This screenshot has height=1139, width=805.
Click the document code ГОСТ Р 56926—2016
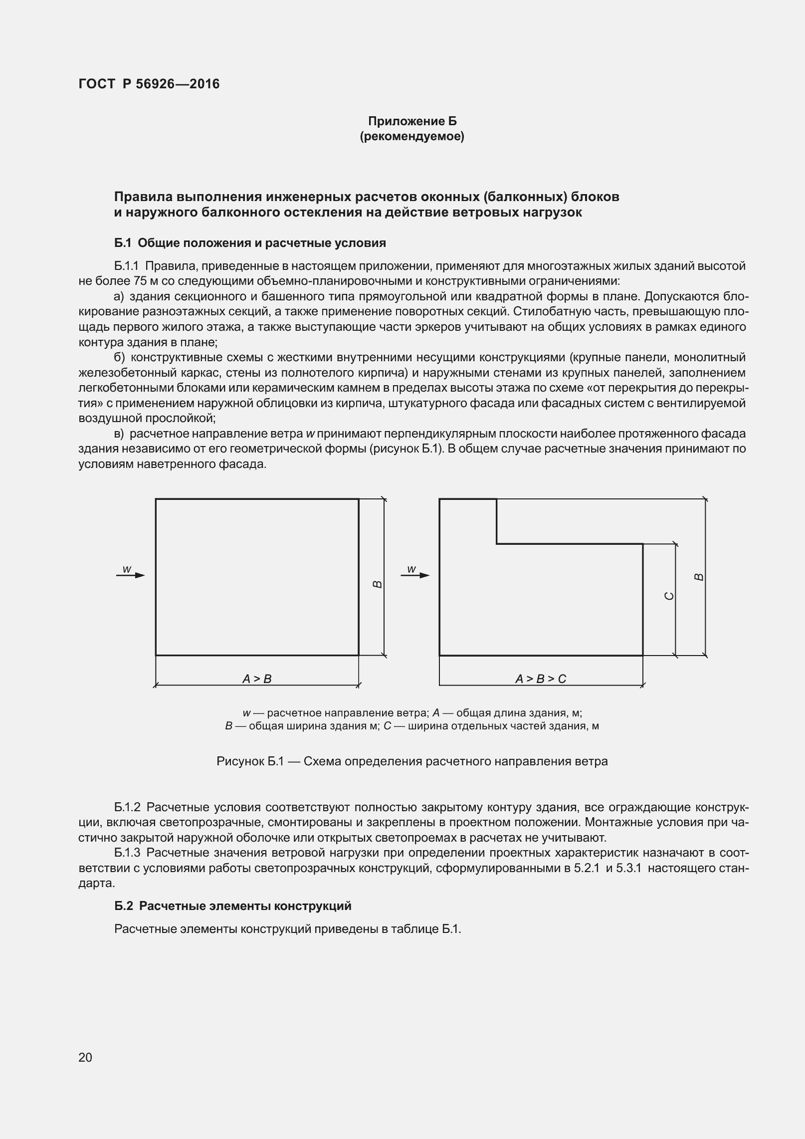click(x=149, y=84)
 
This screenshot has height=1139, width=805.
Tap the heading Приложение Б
click(x=412, y=121)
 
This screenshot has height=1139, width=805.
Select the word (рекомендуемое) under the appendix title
click(x=412, y=137)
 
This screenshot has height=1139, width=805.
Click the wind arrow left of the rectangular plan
click(x=131, y=575)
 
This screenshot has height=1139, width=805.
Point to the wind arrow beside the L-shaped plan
click(x=415, y=575)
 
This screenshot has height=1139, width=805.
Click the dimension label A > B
click(x=257, y=679)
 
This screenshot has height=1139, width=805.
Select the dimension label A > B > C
click(x=541, y=679)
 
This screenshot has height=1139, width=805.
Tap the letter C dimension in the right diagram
click(x=670, y=596)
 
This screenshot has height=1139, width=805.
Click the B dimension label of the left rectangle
click(x=378, y=584)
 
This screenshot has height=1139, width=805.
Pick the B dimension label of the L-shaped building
click(x=699, y=577)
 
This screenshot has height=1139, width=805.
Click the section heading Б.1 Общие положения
click(x=250, y=243)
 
